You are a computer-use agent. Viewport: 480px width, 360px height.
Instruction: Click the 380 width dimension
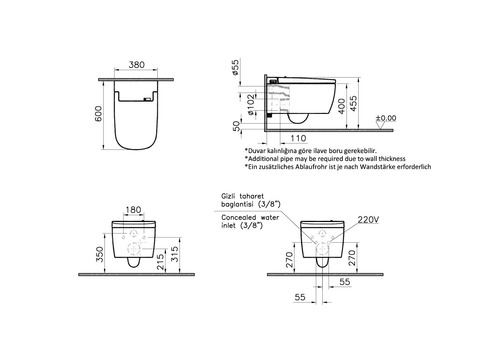pyautogui.click(x=137, y=64)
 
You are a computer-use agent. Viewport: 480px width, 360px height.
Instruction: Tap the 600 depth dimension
pyautogui.click(x=98, y=114)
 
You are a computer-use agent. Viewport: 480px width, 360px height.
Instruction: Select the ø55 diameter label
pyautogui.click(x=235, y=67)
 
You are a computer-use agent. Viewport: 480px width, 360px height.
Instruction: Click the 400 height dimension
pyautogui.click(x=342, y=106)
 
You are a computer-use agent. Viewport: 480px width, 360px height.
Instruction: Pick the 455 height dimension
pyautogui.click(x=353, y=104)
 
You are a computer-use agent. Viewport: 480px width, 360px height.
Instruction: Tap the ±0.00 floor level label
pyautogui.click(x=386, y=118)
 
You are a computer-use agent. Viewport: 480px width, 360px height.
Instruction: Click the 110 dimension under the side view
pyautogui.click(x=298, y=138)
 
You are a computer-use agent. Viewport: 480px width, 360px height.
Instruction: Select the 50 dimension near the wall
pyautogui.click(x=236, y=126)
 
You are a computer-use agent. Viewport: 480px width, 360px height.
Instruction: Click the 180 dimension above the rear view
pyautogui.click(x=133, y=210)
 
